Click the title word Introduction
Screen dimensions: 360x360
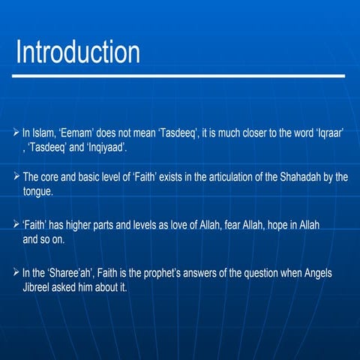coord(78,52)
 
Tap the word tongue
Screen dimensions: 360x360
coord(37,190)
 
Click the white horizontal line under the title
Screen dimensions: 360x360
coord(180,76)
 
